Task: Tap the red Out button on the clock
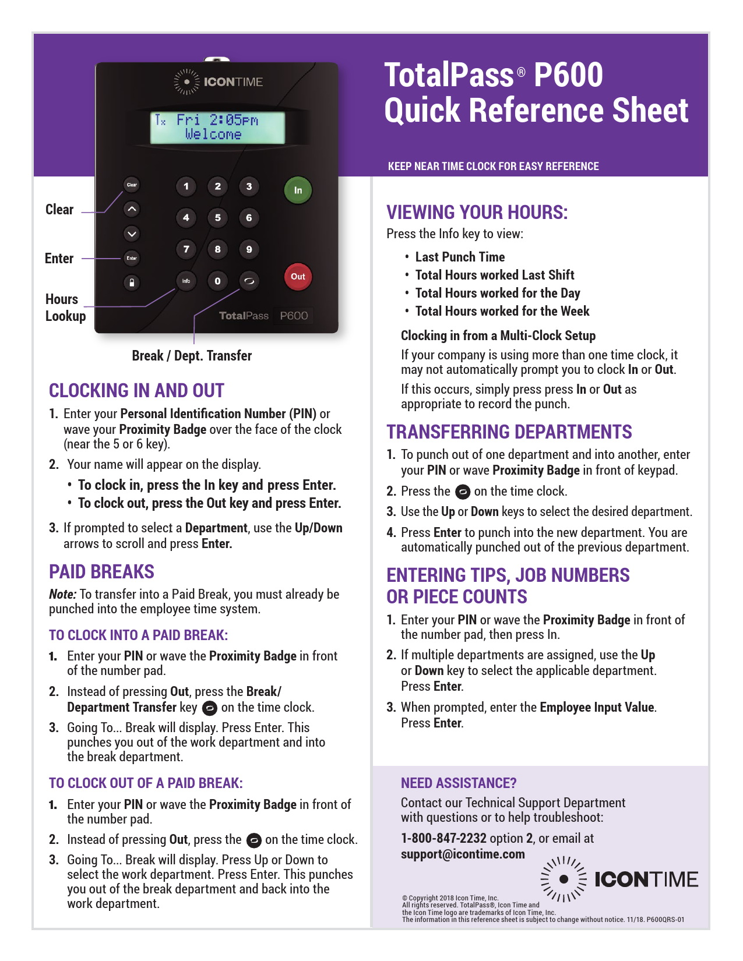coord(298,277)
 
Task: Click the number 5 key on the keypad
coord(217,218)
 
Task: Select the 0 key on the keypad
coord(217,281)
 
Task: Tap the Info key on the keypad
coord(186,281)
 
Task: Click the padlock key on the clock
coord(132,282)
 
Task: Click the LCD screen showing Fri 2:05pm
coord(217,128)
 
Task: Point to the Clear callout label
coord(59,210)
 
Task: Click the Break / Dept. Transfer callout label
coord(192,356)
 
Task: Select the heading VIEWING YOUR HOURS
coord(477,212)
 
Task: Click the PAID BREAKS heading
coord(101,571)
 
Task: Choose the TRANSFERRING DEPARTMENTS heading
coord(509,432)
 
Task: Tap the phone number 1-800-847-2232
coord(443,838)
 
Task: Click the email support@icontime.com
coord(463,854)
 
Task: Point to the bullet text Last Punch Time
coord(460,257)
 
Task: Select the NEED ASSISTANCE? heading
coord(459,783)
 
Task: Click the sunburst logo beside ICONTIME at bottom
coord(564,879)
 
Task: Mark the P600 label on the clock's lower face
coord(294,316)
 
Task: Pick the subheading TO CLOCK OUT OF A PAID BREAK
coord(146,783)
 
